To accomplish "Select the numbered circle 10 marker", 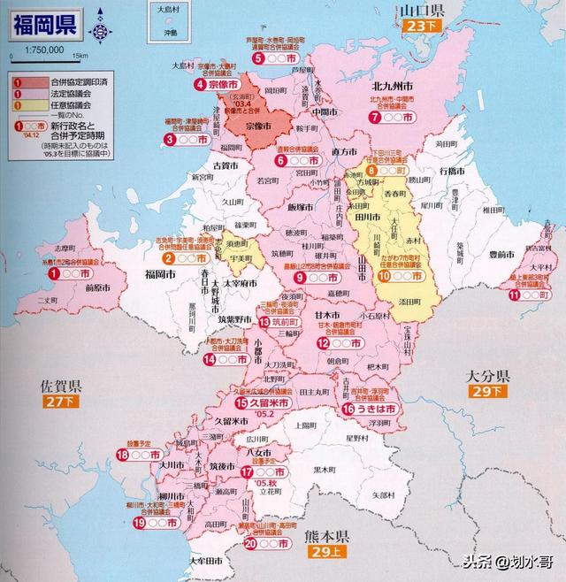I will [x=385, y=276].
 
